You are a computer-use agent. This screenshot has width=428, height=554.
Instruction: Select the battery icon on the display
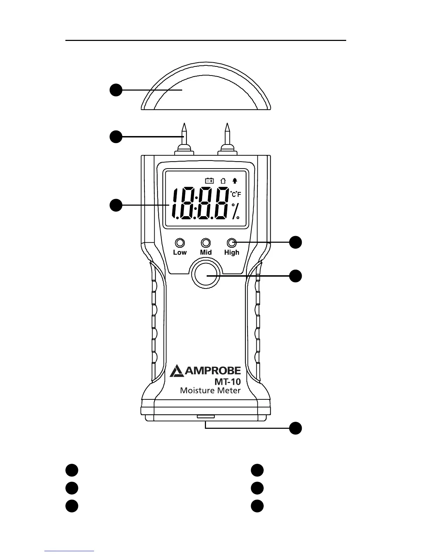(209, 180)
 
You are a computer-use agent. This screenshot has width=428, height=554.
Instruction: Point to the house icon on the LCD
(223, 180)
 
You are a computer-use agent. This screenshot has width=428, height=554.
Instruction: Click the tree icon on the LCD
(235, 180)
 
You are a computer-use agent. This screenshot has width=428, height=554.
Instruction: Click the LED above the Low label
(180, 243)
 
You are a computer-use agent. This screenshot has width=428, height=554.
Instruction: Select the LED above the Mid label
(206, 243)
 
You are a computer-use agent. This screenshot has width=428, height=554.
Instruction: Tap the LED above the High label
(231, 243)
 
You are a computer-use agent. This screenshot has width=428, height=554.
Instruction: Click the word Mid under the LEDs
(206, 253)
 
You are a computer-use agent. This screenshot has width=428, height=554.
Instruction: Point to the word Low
(180, 253)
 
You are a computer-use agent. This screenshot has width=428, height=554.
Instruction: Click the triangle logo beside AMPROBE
(177, 371)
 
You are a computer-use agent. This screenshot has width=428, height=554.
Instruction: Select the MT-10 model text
(228, 382)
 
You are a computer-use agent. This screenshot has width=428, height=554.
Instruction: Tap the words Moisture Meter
(210, 390)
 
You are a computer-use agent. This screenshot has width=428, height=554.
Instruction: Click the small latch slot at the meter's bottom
(206, 417)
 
